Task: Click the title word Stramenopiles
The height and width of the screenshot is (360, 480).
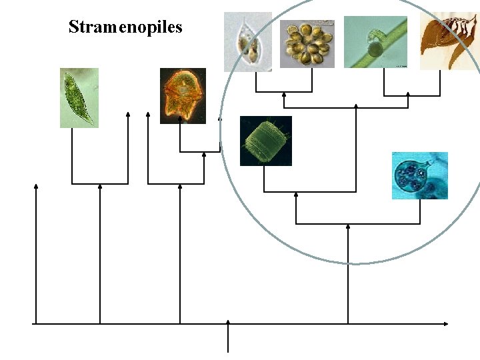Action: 125,27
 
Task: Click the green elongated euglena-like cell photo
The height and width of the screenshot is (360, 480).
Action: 79,97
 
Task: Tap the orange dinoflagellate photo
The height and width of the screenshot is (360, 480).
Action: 183,95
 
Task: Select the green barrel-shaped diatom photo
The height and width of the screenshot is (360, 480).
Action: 265,141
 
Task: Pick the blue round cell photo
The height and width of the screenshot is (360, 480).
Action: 419,175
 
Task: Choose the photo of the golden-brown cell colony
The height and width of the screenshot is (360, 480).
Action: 307,43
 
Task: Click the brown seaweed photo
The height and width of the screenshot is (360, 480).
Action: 448,40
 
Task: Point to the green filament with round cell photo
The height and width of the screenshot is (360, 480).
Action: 375,42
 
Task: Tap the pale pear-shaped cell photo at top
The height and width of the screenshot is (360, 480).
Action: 247,41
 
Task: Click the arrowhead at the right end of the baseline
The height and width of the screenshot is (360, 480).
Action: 445,324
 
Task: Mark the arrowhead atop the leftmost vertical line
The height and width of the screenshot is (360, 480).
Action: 36,187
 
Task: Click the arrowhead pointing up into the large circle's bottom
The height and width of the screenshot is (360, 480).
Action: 348,227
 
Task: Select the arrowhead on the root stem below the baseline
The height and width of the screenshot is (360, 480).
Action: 229,322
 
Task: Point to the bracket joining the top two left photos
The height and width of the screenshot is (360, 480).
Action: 284,91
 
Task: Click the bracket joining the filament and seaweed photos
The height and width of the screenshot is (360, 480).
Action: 411,96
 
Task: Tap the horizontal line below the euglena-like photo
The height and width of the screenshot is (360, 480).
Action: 100,183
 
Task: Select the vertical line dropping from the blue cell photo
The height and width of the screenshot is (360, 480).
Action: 420,211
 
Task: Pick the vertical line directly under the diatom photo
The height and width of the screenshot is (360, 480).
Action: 265,179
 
